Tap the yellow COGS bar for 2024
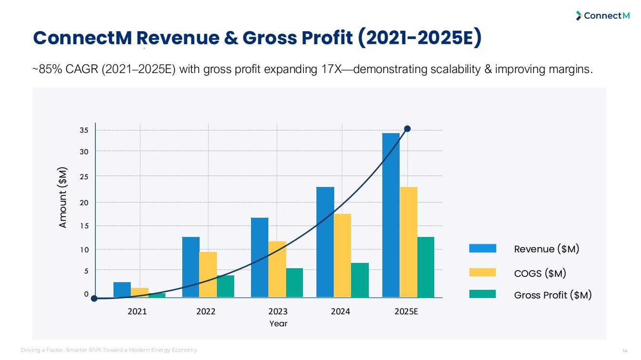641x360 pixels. [x=342, y=255]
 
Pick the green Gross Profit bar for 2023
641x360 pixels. [x=294, y=283]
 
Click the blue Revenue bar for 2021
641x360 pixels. [x=122, y=289]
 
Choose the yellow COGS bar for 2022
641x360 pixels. [x=208, y=274]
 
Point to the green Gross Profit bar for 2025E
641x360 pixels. [x=426, y=267]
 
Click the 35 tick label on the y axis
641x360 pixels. [x=84, y=130]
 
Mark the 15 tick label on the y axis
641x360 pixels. [x=84, y=225]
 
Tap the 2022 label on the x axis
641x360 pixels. [x=206, y=311]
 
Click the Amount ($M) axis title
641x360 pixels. [x=63, y=198]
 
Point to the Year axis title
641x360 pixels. [x=278, y=323]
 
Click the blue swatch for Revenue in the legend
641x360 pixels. [x=482, y=248]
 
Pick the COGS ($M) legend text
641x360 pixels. [x=540, y=273]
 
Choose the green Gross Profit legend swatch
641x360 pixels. [x=482, y=294]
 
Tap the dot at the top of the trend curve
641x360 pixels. [x=407, y=129]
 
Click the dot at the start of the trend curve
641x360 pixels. [x=94, y=298]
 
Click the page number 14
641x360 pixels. [x=625, y=350]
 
